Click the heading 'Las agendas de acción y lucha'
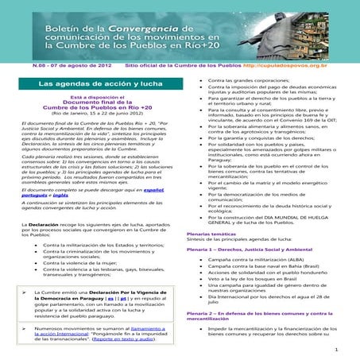(89, 82)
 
